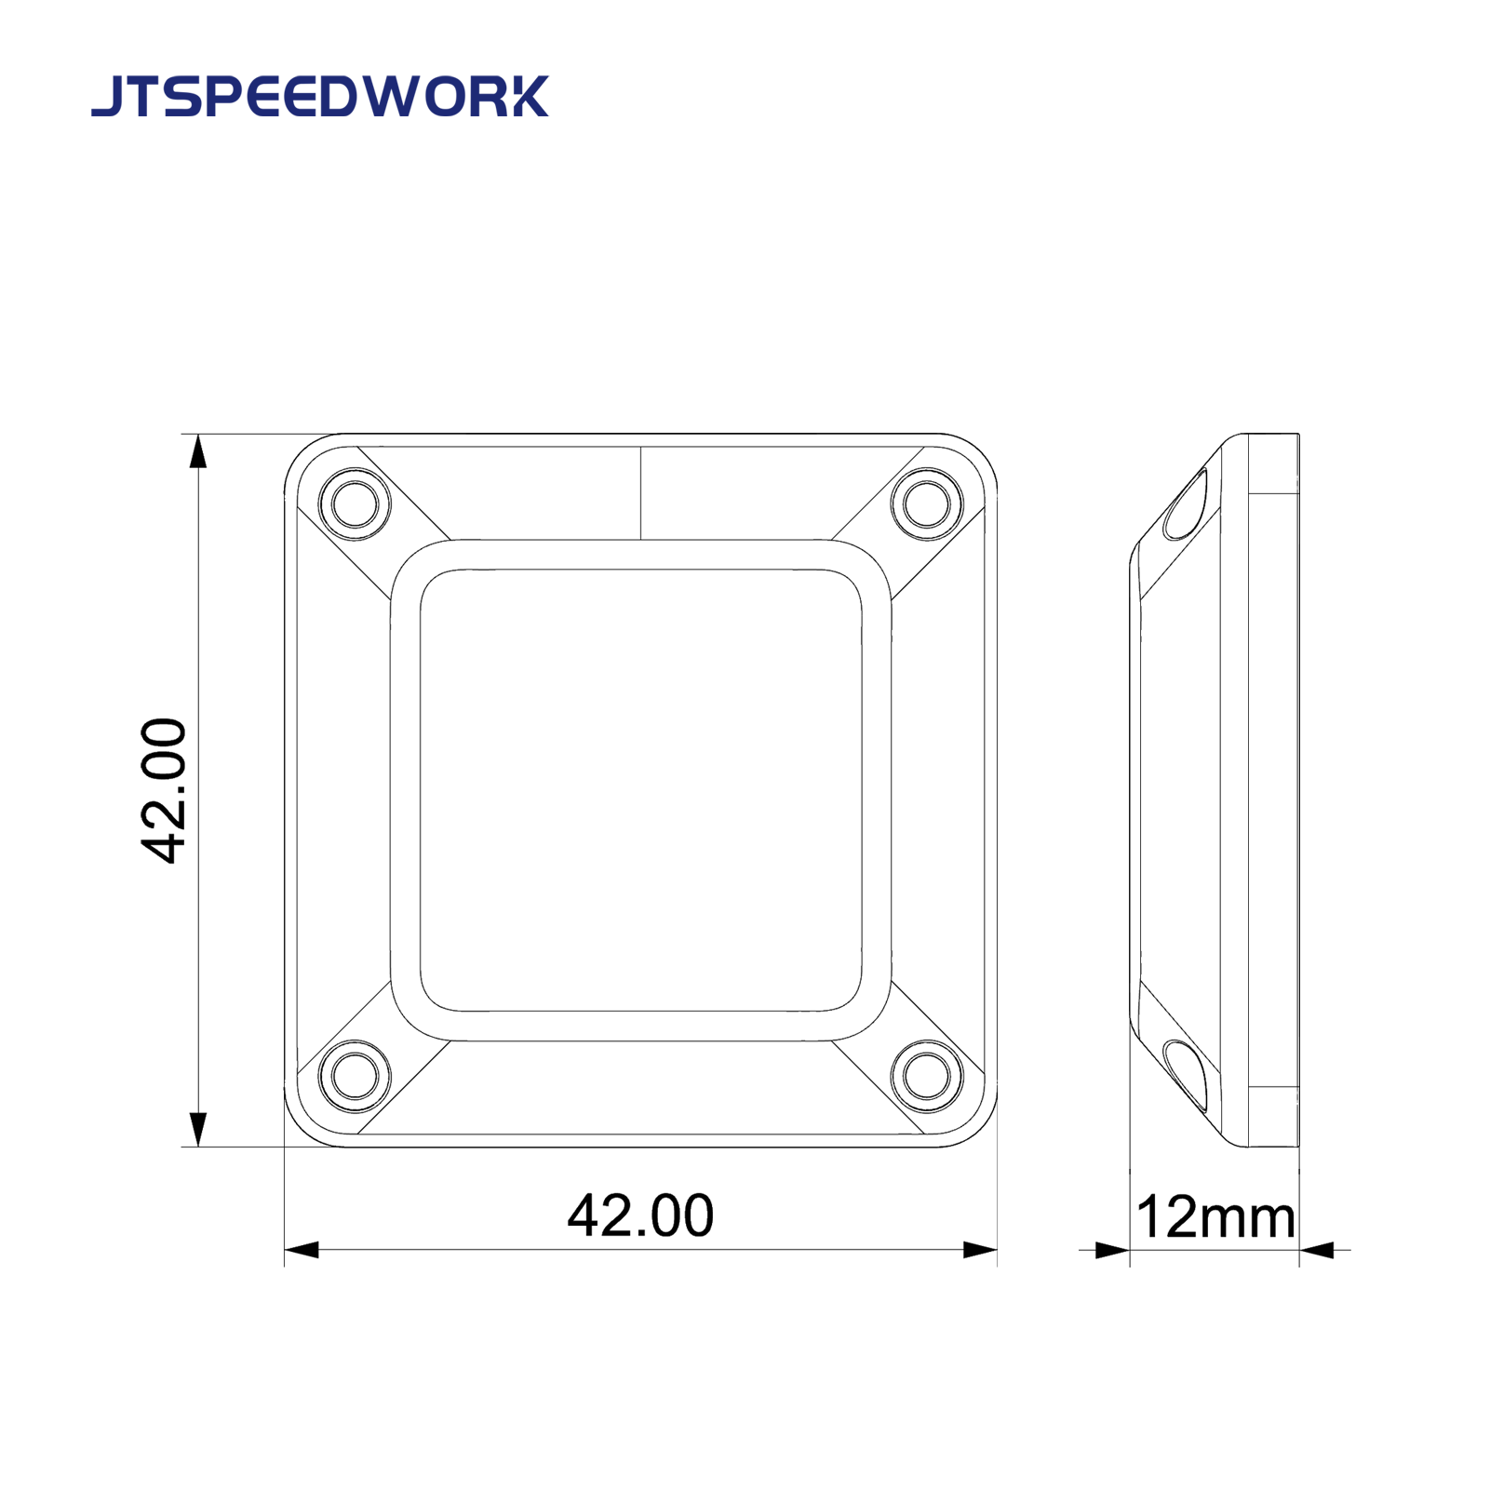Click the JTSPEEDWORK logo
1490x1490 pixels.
(319, 97)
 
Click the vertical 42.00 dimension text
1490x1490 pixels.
(164, 790)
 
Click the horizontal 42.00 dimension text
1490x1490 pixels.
(640, 1215)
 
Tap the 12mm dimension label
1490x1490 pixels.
(1215, 1217)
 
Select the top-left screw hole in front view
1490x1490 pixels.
(355, 503)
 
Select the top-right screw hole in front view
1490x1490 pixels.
(926, 503)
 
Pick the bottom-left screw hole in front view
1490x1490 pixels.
(355, 1076)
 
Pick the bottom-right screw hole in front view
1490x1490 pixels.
(926, 1076)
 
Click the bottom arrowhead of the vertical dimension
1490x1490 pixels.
(197, 1129)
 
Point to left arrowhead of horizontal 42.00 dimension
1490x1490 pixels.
(302, 1250)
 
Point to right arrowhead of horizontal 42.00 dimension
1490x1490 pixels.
(979, 1250)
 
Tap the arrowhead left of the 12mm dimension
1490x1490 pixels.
(1112, 1250)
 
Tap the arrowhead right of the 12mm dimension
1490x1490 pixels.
(1317, 1250)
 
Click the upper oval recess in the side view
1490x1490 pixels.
(1186, 505)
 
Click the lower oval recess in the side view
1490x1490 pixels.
(1186, 1076)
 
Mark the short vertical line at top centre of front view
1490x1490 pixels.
(640, 493)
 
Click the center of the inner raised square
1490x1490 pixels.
(640, 790)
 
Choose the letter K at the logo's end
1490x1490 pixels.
(529, 97)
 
